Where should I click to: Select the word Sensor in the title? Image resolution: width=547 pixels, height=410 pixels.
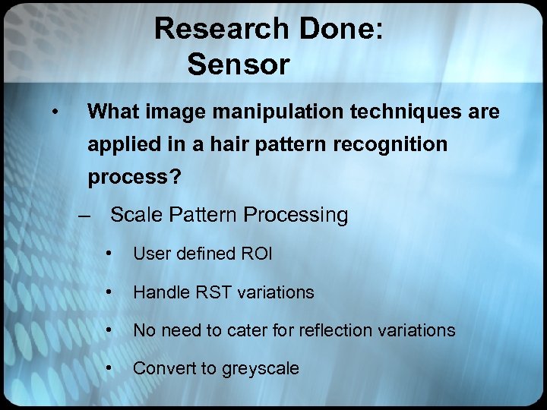239,65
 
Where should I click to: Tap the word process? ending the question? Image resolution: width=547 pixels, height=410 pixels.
134,178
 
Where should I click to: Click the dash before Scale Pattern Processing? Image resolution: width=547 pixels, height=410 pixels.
88,216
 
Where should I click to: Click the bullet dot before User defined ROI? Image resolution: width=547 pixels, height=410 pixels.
112,254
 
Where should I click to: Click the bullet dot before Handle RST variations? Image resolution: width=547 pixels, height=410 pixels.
112,292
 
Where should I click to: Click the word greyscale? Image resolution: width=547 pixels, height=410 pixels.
261,369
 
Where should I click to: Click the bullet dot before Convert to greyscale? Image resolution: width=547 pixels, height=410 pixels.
112,368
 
